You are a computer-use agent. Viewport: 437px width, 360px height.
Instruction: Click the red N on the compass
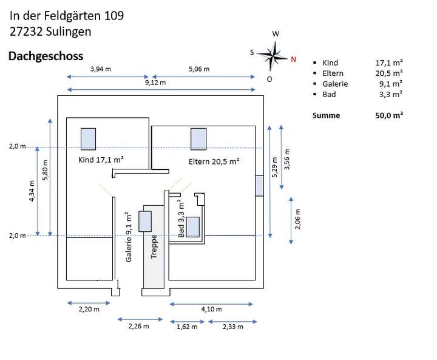pos(293,59)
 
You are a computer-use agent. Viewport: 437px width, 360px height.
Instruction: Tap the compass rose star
pos(273,55)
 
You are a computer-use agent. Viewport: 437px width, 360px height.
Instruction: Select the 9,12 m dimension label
pos(155,83)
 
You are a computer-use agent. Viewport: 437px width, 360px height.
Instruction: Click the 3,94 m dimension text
pos(101,69)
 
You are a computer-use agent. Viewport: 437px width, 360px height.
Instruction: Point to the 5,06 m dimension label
pos(199,69)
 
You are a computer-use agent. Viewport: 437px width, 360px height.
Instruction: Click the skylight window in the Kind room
pos(89,139)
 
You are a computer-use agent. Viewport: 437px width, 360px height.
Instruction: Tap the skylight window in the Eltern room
pos(198,139)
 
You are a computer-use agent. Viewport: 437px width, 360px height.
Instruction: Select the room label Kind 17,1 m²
pos(101,160)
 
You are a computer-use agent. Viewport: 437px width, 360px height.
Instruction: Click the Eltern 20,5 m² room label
pos(214,161)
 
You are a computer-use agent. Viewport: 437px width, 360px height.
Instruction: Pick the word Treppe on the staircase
pos(154,247)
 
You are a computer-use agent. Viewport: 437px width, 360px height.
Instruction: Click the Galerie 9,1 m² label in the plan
pos(129,237)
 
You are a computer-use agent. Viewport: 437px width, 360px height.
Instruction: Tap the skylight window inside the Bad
pos(193,226)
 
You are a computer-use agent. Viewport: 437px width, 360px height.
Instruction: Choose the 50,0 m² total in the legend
pos(389,115)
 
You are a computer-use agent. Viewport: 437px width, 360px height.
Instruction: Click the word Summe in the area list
pos(326,115)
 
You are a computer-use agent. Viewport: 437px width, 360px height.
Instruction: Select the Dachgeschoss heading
pos(46,56)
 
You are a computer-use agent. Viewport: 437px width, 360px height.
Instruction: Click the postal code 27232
pos(26,32)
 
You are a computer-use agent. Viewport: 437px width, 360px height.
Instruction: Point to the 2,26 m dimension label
pos(139,326)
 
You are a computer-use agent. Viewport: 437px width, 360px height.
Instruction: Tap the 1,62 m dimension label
pos(187,327)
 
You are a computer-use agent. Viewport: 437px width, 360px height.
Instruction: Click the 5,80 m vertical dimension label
pos(45,170)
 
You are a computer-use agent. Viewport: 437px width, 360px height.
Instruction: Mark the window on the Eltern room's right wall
pos(260,186)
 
